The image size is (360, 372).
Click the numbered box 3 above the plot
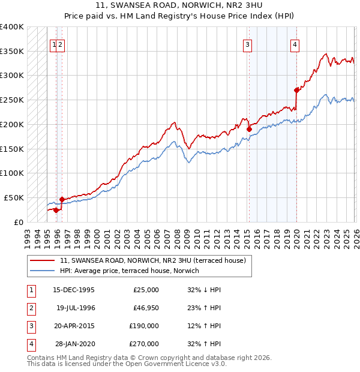(x=247, y=44)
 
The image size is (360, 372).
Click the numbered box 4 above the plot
(x=295, y=44)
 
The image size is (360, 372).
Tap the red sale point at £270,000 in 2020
(x=296, y=90)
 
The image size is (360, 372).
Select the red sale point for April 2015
(x=249, y=128)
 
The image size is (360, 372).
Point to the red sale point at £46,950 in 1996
(x=62, y=199)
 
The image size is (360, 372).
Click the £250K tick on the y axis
(x=12, y=100)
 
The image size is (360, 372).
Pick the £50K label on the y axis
(x=14, y=197)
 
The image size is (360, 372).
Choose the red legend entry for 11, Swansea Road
(x=153, y=260)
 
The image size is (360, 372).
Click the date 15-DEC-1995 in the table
(x=74, y=290)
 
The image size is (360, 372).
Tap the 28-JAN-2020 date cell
(x=74, y=344)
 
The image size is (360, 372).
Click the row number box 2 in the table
(x=30, y=308)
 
